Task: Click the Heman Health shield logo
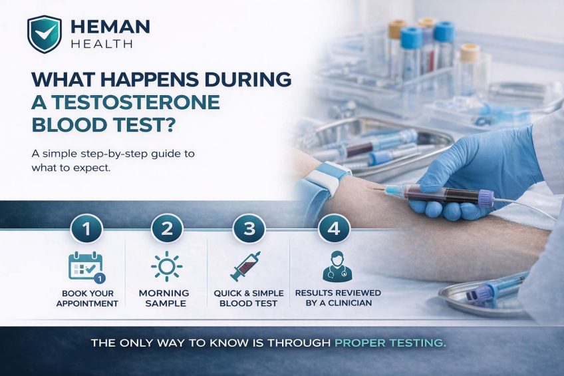click(44, 34)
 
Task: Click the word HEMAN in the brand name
click(109, 27)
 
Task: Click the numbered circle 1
click(85, 230)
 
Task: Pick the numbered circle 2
click(166, 230)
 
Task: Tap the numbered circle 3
click(249, 230)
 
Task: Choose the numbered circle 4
click(333, 230)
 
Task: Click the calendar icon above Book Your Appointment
click(86, 266)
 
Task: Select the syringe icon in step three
click(245, 266)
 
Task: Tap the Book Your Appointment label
click(88, 298)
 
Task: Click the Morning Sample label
click(164, 298)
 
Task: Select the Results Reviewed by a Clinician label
click(337, 298)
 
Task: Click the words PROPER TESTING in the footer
click(390, 345)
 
